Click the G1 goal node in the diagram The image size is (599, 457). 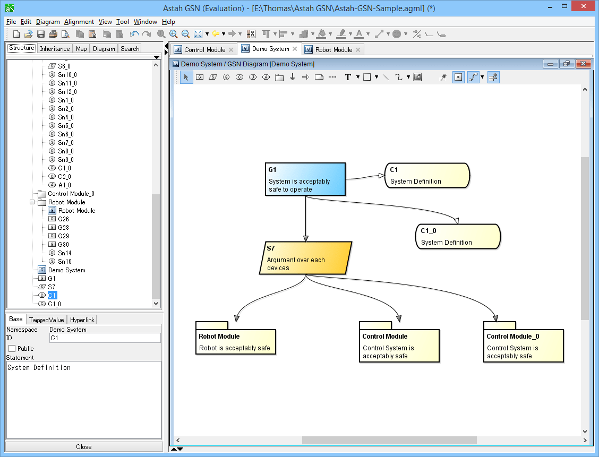(305, 179)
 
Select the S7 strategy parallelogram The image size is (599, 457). (305, 258)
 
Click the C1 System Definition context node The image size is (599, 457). (427, 176)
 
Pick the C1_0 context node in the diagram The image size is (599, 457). (458, 237)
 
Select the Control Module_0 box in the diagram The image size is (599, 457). (524, 342)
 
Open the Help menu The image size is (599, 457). (168, 22)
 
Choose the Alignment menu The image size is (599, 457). (79, 22)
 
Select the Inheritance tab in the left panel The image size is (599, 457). (55, 48)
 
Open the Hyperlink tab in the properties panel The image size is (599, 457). (82, 320)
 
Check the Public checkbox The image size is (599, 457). (12, 349)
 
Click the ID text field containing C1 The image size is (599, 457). (105, 338)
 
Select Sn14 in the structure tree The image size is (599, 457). (65, 253)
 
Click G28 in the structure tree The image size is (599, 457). (63, 228)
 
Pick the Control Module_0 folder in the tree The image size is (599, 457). (71, 194)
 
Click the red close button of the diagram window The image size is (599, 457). (584, 64)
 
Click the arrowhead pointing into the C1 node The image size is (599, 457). (381, 176)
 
